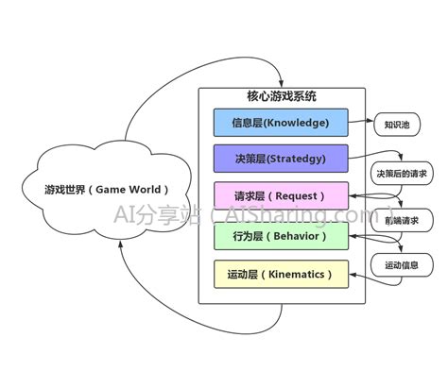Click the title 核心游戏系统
(282, 96)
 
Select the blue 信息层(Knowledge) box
(282, 122)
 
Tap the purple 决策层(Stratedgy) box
(282, 158)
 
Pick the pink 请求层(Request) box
(282, 196)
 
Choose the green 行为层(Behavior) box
(282, 235)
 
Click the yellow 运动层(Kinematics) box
(282, 274)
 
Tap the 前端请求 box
(402, 220)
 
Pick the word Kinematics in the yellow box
(299, 274)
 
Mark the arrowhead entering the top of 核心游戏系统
(281, 85)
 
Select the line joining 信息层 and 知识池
(360, 122)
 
